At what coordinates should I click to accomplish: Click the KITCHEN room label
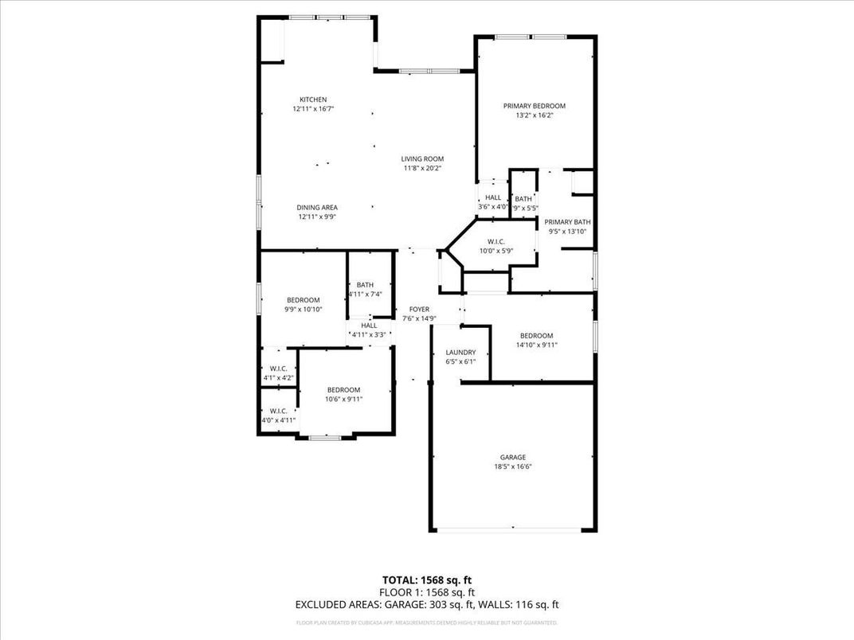[x=312, y=100]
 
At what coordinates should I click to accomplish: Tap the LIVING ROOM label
[x=422, y=158]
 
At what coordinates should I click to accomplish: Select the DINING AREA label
[x=317, y=207]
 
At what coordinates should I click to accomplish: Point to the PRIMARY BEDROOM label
[x=534, y=106]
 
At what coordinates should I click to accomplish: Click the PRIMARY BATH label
[x=567, y=222]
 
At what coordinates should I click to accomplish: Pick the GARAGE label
[x=512, y=457]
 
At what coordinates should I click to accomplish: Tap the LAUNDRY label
[x=460, y=352]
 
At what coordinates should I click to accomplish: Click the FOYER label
[x=419, y=309]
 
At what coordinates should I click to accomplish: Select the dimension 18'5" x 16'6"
[x=512, y=466]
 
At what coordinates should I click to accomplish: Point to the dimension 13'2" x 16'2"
[x=534, y=115]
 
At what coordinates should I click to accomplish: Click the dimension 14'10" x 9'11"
[x=536, y=345]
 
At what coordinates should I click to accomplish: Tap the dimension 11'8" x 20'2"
[x=422, y=168]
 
